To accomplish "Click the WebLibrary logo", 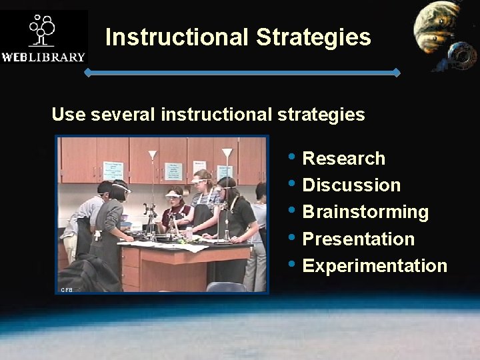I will tap(44, 37).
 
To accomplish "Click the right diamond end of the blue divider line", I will tap(396, 71).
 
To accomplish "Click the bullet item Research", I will tap(343, 159).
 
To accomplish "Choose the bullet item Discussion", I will tap(351, 185).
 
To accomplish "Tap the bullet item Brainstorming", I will tap(365, 212).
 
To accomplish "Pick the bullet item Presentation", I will tap(358, 239).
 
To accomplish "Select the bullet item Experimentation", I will tap(375, 265).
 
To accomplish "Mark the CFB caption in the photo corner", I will tap(67, 289).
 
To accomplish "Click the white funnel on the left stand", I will tap(153, 155).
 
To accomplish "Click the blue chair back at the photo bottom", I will tap(227, 287).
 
